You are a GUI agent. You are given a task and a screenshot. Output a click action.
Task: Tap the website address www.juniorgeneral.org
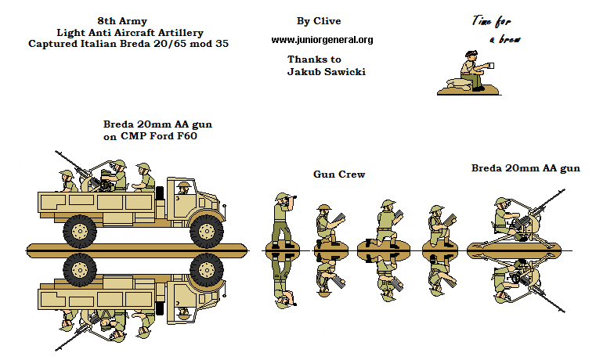tap(322, 40)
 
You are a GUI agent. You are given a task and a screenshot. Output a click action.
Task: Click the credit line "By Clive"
tap(319, 21)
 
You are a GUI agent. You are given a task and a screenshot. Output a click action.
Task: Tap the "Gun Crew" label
tap(339, 174)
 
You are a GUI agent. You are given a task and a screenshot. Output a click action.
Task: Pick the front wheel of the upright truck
tap(205, 229)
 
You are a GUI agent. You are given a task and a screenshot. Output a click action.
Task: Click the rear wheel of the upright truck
tap(80, 229)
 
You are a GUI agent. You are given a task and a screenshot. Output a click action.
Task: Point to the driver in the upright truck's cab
tap(183, 189)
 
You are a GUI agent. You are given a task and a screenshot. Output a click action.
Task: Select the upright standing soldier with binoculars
tap(282, 218)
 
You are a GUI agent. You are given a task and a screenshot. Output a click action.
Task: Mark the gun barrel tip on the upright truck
tap(59, 154)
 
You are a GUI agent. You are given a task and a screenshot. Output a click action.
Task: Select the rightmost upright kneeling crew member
tap(436, 223)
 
